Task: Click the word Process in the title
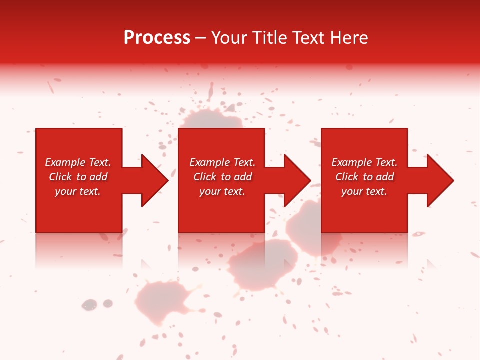coord(157,38)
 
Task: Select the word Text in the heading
coord(309,38)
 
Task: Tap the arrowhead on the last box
coord(439,180)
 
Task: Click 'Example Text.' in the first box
coord(78,162)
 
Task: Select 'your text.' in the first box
coord(78,191)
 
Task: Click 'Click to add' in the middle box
coord(222,177)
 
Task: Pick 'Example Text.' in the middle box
coord(222,162)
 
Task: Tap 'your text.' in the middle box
coord(222,191)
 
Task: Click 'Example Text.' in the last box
coord(364,162)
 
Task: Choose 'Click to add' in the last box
coord(364,177)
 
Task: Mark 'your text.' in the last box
coord(364,191)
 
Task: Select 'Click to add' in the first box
coord(78,177)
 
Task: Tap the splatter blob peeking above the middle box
coord(210,120)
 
